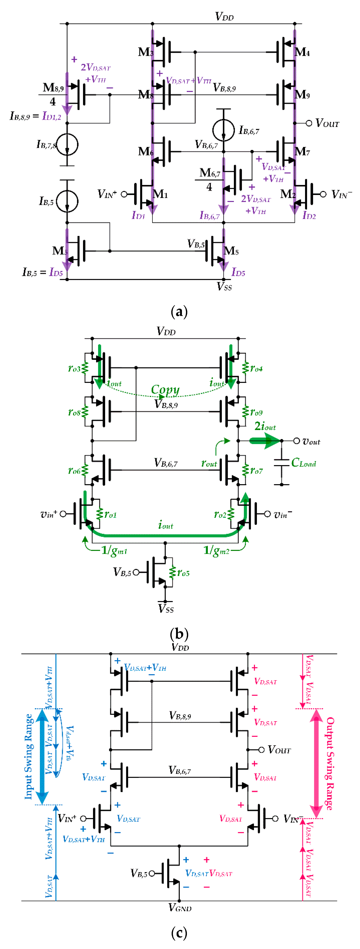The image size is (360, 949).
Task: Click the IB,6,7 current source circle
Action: tap(223, 130)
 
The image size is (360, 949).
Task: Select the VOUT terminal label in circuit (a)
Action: tap(327, 123)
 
